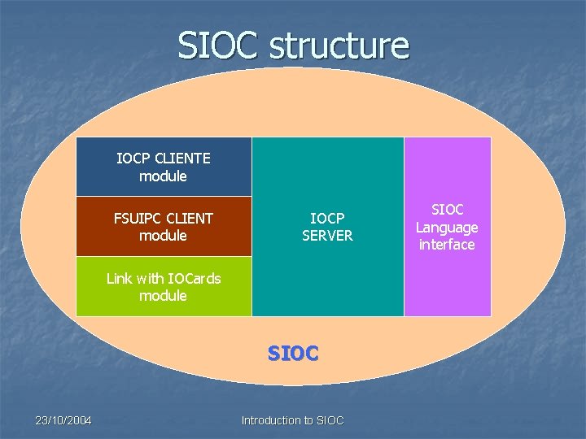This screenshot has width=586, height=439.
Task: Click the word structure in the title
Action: (x=339, y=46)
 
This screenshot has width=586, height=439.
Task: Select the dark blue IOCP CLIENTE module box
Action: (x=164, y=167)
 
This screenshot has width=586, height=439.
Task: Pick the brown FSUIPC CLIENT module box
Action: (x=164, y=227)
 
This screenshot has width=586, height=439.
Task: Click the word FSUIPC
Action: (x=139, y=218)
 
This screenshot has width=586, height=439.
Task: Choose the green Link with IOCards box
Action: (x=164, y=286)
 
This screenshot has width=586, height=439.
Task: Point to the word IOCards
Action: (x=191, y=278)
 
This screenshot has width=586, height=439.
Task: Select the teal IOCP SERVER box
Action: (x=327, y=227)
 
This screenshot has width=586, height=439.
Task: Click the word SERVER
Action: (x=327, y=236)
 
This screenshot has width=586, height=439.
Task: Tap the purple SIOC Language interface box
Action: (x=447, y=227)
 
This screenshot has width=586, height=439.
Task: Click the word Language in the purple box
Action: (x=447, y=228)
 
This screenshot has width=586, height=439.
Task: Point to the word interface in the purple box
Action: (x=447, y=245)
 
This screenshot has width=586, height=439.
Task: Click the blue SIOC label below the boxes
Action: (x=294, y=354)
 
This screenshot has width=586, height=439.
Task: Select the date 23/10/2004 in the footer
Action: (x=63, y=420)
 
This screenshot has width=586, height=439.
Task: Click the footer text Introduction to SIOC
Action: (x=293, y=420)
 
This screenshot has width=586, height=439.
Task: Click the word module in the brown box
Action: (x=163, y=236)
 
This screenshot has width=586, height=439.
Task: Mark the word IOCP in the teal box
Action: (x=327, y=218)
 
